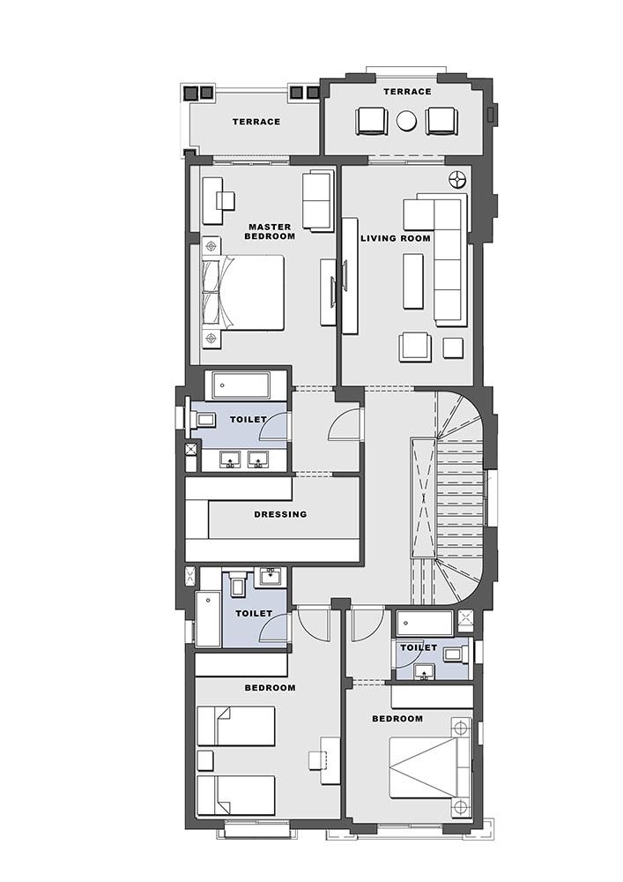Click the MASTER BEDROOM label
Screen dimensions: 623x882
270,232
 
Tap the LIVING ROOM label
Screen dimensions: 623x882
396,238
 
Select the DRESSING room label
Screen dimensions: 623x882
280,514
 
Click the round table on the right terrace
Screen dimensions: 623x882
406,121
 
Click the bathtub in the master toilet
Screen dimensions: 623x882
240,385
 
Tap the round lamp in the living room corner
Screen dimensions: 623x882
458,179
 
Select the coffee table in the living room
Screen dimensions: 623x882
413,280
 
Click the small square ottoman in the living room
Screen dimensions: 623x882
453,348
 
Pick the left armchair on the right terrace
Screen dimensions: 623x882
371,121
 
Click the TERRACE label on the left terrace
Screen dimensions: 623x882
256,122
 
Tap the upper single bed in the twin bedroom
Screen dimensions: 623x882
236,726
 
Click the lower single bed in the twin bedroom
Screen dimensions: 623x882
236,796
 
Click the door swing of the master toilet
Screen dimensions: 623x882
273,425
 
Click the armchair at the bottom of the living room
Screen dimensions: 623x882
415,347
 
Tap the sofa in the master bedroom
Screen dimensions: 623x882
317,200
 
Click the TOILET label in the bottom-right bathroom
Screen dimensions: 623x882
419,647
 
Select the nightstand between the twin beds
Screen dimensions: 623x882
205,760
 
